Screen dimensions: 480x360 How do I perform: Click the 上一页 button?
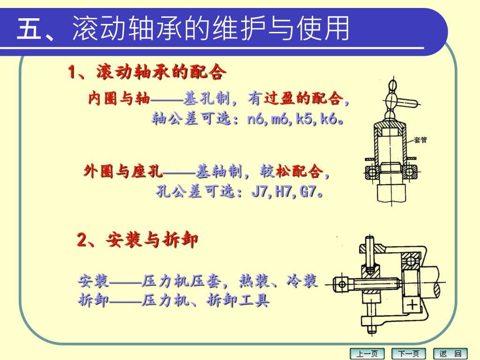tap(367, 354)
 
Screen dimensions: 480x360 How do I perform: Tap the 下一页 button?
tap(409, 354)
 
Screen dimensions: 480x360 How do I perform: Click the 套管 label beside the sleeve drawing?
tap(420, 140)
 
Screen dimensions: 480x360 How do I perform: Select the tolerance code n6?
tap(255, 119)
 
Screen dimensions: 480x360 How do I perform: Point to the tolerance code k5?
tap(304, 119)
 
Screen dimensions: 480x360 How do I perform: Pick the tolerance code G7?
tap(307, 192)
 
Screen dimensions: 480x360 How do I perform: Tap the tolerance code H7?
tap(283, 192)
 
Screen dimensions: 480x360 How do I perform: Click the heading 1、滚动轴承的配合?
tap(147, 72)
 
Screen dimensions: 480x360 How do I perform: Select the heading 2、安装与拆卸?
tap(137, 239)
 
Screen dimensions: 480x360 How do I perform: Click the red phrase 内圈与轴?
tap(119, 98)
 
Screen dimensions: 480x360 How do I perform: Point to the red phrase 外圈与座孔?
tap(123, 171)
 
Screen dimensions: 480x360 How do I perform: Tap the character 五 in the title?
tap(29, 28)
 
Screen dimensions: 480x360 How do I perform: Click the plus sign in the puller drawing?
tap(412, 305)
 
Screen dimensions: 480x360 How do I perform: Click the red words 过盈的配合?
tap(303, 98)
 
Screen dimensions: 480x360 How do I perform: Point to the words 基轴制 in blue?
tap(219, 171)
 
